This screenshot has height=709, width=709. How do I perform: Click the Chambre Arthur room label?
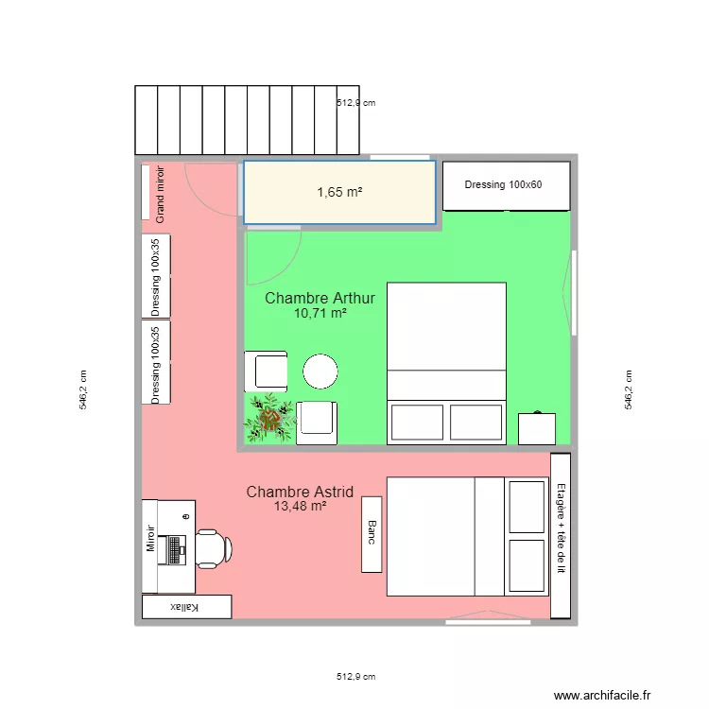pos(320,299)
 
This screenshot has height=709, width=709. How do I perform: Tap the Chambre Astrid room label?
pos(300,492)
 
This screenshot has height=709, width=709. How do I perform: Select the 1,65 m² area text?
pos(339,193)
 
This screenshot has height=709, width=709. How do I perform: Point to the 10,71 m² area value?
pos(320,314)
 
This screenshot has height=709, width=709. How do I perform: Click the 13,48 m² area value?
pos(300,507)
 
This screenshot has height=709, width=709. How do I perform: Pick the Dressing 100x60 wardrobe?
pos(506,185)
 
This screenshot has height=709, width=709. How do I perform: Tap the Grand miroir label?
pos(160,196)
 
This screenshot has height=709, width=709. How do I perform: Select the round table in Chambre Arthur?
pos(320,372)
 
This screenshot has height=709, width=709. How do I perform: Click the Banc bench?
pos(372,534)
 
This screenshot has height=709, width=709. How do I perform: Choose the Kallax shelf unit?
pos(185,607)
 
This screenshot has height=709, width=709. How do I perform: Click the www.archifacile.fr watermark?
pos(603,695)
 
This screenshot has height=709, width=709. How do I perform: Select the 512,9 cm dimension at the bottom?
pos(355,677)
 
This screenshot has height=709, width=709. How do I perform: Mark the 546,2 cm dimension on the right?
pos(629,389)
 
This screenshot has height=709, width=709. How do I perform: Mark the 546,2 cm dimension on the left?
pos(82,389)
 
